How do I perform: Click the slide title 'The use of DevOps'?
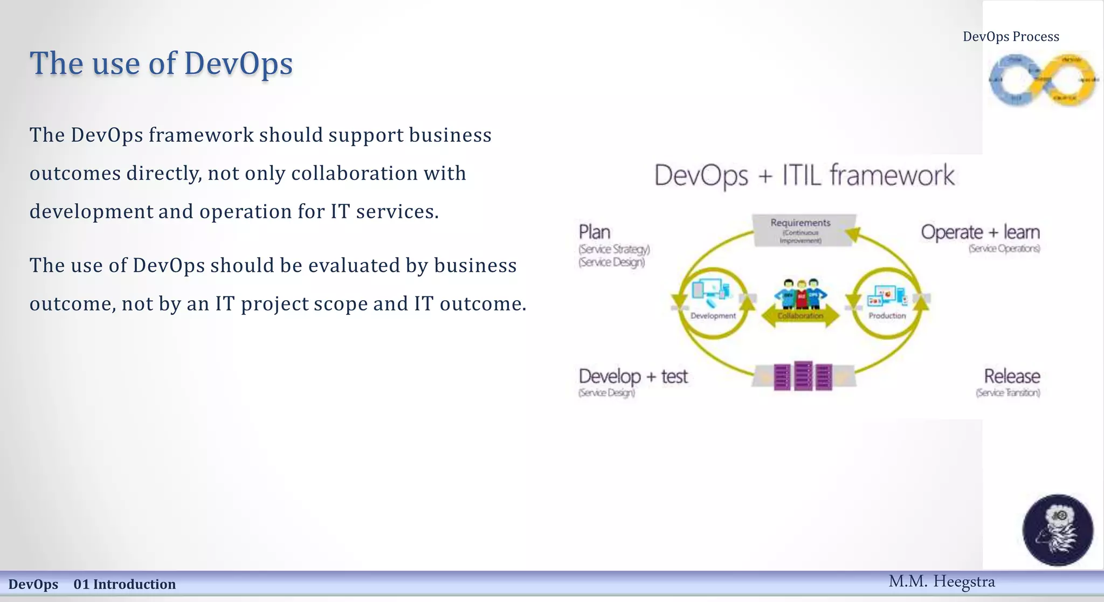click(x=161, y=64)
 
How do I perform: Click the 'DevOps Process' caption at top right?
click(x=1011, y=37)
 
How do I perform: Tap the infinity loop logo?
click(x=1043, y=80)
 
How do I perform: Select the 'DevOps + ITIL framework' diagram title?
click(x=804, y=176)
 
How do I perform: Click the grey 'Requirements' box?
click(x=801, y=230)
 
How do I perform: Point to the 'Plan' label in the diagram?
click(x=595, y=232)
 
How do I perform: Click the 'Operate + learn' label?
click(x=980, y=232)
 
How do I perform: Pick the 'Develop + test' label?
click(x=633, y=376)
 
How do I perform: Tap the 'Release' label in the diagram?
click(x=1011, y=376)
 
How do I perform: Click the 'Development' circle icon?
click(x=713, y=302)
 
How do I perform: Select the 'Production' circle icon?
click(x=887, y=302)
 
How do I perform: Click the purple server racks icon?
click(x=803, y=376)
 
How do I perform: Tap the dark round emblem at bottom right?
click(x=1058, y=530)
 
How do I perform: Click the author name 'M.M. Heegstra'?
click(x=941, y=582)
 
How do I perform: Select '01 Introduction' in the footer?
click(x=125, y=584)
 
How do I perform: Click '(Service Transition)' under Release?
click(x=1008, y=393)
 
